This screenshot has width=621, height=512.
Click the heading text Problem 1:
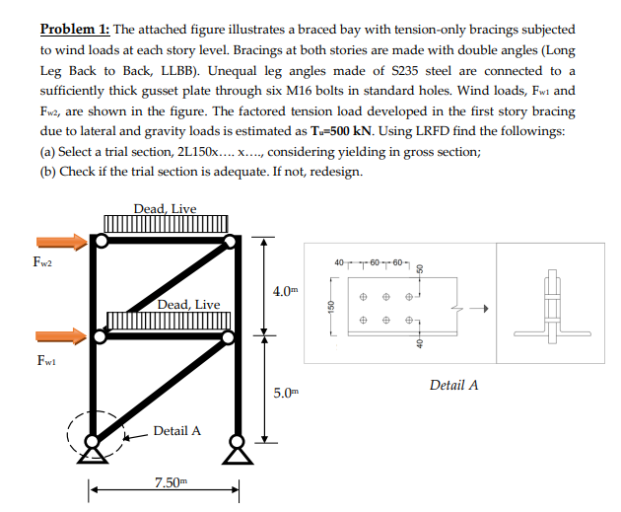point(80,30)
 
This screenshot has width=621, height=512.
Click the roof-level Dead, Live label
point(165,208)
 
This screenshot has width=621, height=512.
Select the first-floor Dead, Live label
point(188,304)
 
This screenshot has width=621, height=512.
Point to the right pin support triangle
point(236,453)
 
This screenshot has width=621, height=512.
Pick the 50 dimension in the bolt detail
point(418,267)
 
